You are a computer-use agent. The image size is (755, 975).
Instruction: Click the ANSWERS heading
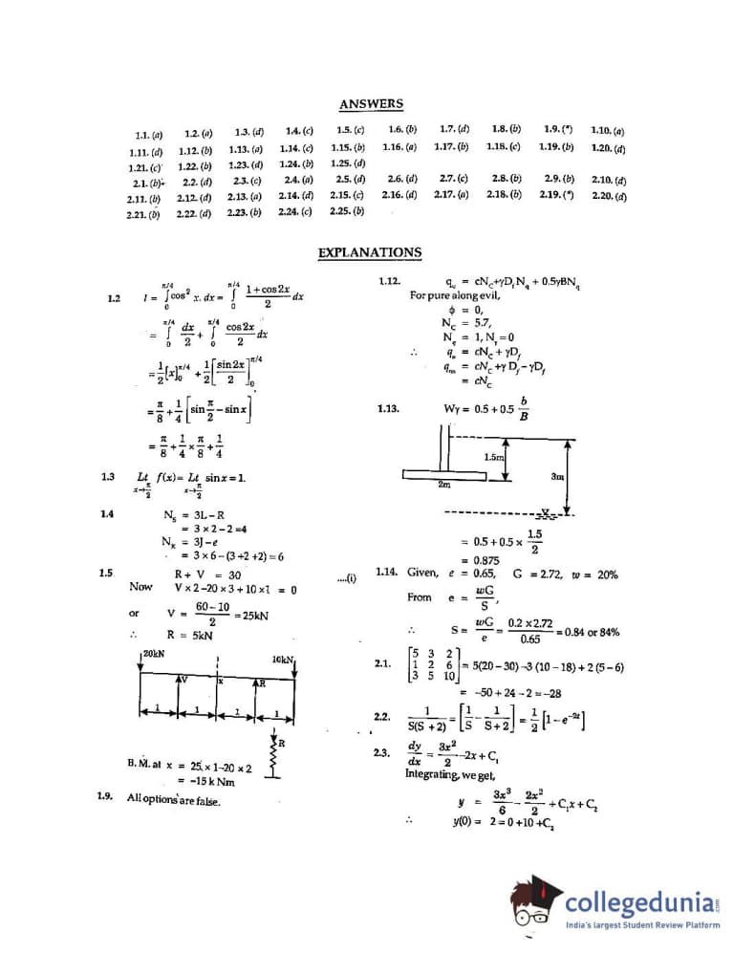[371, 104]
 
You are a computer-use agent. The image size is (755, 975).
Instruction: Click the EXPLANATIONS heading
[369, 252]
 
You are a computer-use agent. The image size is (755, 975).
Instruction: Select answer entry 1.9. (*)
[559, 129]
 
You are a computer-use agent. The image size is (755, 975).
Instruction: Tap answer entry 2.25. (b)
[346, 211]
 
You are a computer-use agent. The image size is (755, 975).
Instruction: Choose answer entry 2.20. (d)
[609, 196]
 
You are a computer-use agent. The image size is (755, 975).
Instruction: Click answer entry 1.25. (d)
[346, 162]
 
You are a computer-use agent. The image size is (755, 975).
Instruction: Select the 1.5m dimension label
[493, 457]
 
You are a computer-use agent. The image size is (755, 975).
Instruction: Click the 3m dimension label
[558, 475]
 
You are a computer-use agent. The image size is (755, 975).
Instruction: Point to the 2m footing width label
[443, 485]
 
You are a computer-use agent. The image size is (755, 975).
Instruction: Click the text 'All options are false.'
[174, 799]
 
